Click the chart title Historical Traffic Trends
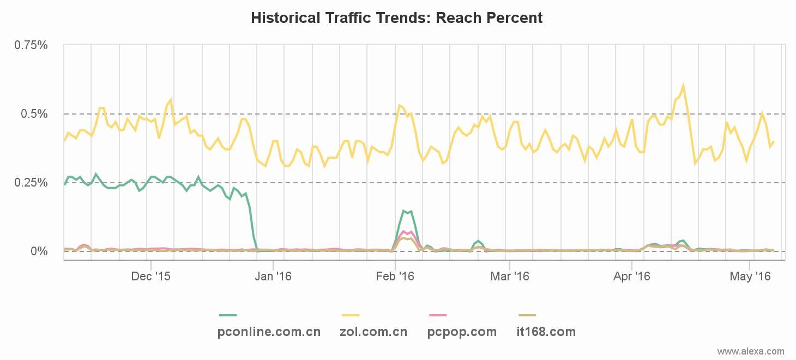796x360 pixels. (396, 18)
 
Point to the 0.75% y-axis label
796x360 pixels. (31, 45)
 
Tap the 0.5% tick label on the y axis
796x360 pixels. (35, 114)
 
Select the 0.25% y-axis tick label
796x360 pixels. (31, 183)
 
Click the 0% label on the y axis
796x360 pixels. (39, 251)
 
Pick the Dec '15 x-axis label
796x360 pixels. (150, 277)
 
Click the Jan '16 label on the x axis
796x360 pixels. (273, 277)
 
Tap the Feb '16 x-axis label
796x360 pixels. (395, 277)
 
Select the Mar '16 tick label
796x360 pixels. (510, 277)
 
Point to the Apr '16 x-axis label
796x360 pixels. (631, 277)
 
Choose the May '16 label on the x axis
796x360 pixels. (751, 277)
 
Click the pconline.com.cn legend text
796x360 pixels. (269, 332)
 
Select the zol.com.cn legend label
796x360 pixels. (373, 332)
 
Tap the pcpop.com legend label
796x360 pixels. (462, 332)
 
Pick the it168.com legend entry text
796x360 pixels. (546, 332)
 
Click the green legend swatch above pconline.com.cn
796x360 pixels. (228, 315)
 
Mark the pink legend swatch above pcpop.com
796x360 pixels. (438, 315)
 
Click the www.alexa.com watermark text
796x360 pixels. (751, 351)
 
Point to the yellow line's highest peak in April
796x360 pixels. (683, 85)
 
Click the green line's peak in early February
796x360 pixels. (403, 211)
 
